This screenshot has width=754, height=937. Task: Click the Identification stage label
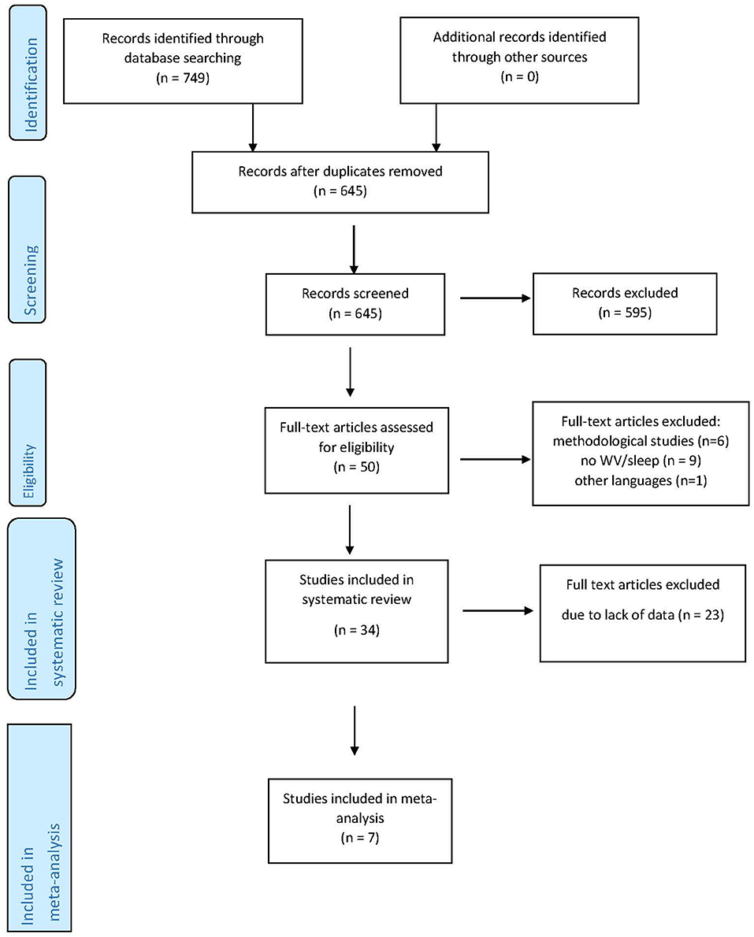tap(28, 73)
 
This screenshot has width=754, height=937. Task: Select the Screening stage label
tap(28, 250)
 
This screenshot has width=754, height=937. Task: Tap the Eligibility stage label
tap(28, 432)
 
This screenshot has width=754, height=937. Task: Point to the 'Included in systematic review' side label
tap(42, 609)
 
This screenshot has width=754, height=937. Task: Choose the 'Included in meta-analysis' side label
tap(39, 828)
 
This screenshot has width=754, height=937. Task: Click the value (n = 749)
tap(183, 78)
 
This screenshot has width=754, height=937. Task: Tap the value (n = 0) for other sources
tap(520, 76)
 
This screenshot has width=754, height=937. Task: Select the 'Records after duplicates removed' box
tap(340, 182)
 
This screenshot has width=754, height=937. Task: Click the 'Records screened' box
tap(355, 304)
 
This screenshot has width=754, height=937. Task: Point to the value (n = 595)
tap(625, 313)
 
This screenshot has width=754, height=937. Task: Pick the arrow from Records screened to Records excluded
tap(495, 298)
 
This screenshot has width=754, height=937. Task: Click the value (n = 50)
tap(356, 467)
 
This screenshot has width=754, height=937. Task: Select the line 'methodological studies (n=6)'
tap(641, 441)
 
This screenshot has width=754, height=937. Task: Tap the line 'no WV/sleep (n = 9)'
tap(641, 461)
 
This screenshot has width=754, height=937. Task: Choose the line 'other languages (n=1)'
tap(641, 480)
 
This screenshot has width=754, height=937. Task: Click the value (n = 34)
tap(356, 630)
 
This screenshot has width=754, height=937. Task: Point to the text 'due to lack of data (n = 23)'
tap(643, 615)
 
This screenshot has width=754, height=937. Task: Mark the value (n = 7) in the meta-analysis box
tap(360, 838)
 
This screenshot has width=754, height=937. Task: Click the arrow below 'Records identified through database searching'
tap(253, 128)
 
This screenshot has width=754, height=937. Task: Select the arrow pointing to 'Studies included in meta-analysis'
tap(355, 730)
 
